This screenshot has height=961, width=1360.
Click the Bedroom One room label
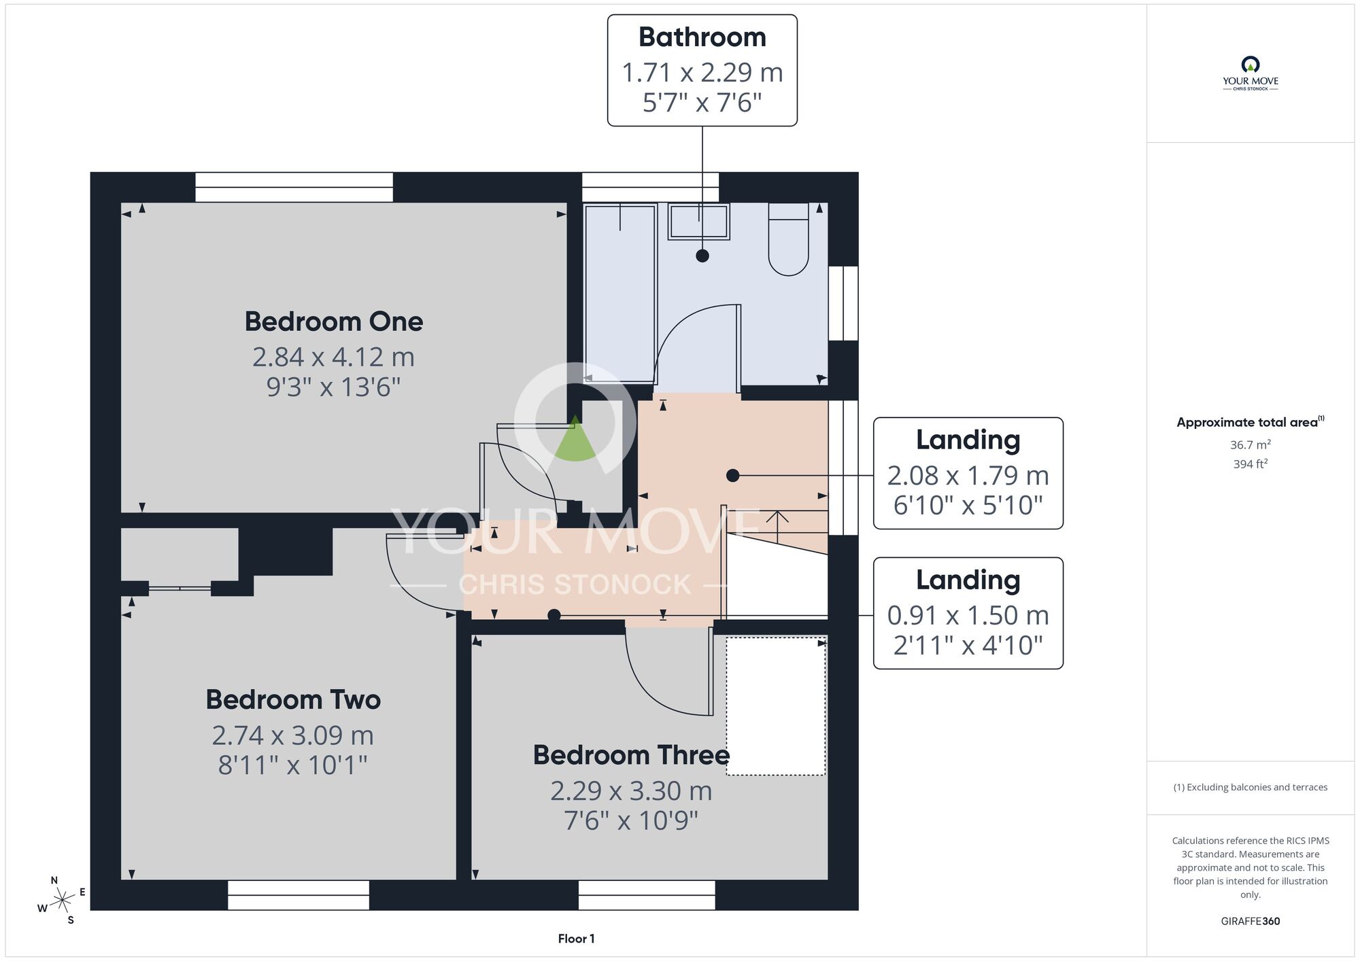click(x=334, y=321)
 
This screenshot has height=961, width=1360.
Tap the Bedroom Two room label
click(x=293, y=700)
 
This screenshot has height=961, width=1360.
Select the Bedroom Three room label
click(x=632, y=755)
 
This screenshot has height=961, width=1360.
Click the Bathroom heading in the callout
click(x=702, y=37)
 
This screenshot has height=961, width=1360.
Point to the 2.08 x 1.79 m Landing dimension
click(x=968, y=476)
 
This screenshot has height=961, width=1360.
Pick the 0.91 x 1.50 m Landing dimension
click(x=968, y=616)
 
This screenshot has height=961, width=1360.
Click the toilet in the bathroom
click(x=789, y=239)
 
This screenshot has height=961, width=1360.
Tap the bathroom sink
click(x=699, y=222)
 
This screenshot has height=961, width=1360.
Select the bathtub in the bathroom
click(x=620, y=293)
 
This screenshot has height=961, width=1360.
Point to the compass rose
click(x=62, y=901)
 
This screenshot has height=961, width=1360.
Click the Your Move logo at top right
click(x=1251, y=73)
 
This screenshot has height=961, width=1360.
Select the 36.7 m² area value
click(x=1251, y=444)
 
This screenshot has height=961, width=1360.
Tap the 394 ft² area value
click(x=1251, y=464)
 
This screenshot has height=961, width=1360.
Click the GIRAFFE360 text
click(x=1251, y=922)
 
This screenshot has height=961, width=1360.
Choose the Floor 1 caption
click(x=577, y=939)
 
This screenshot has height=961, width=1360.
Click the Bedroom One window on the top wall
click(x=294, y=187)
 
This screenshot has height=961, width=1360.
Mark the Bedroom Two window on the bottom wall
click(x=299, y=895)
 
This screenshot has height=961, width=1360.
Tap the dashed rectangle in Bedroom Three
click(x=776, y=706)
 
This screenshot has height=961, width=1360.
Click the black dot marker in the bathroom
click(x=702, y=256)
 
